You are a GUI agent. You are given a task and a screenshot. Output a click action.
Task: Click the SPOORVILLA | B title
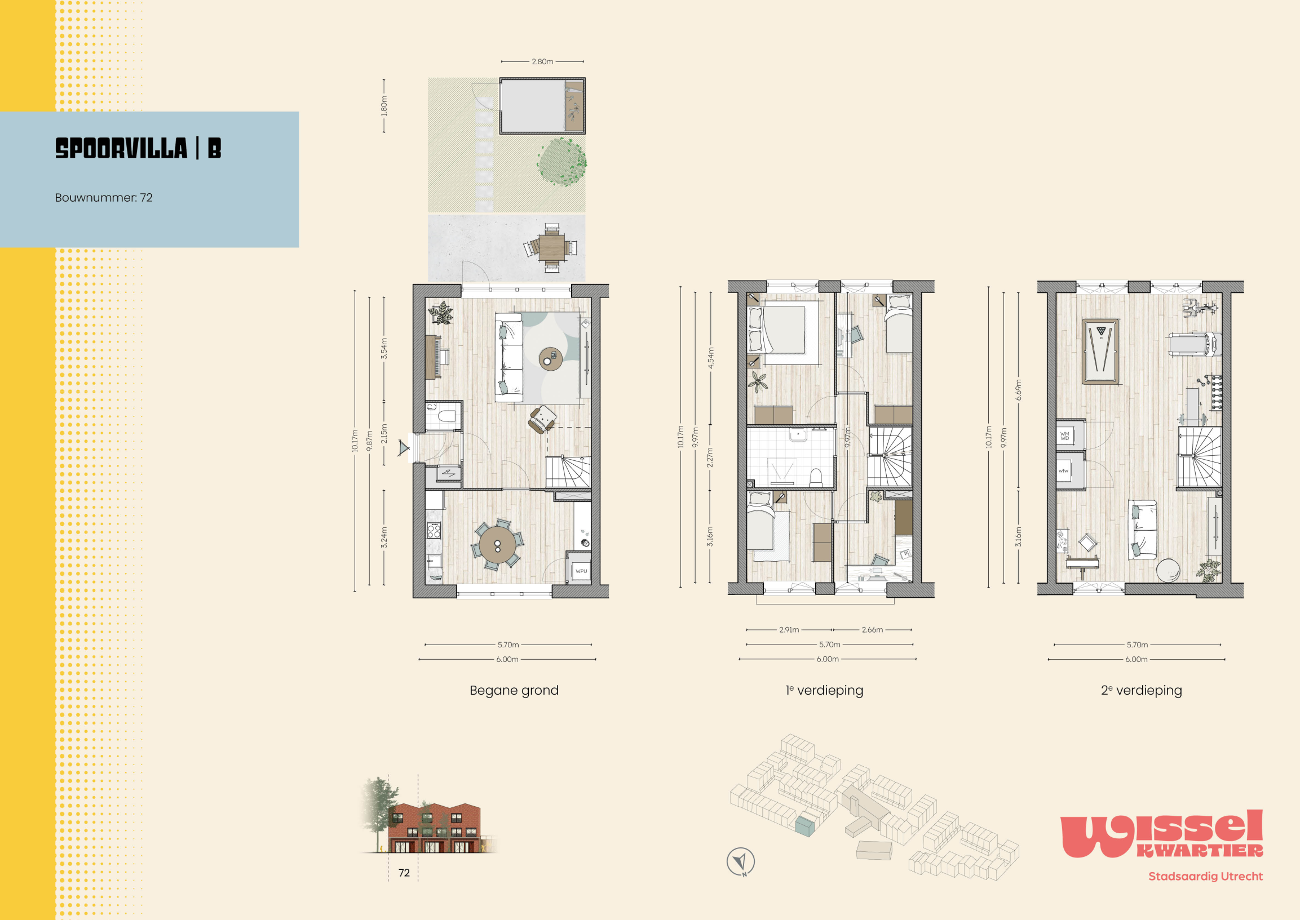point(138,148)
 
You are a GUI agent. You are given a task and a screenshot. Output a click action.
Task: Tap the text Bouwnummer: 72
point(104,198)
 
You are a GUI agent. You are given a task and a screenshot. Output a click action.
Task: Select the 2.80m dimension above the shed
point(542,61)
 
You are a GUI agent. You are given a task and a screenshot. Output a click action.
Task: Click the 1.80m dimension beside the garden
point(384,106)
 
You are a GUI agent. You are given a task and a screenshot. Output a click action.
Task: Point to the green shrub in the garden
point(562,162)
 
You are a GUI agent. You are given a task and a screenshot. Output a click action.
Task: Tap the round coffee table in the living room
point(550,359)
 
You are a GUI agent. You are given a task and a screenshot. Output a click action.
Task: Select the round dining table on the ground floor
point(497,544)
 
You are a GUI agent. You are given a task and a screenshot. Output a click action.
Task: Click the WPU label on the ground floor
point(581,571)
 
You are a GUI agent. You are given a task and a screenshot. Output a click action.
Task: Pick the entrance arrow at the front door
point(403,448)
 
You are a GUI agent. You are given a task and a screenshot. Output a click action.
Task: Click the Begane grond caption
point(514,690)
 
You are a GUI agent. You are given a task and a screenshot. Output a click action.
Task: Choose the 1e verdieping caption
point(824,690)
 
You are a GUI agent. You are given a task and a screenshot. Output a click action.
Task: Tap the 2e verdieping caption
point(1141,690)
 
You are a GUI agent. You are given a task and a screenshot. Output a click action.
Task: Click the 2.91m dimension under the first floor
point(789,629)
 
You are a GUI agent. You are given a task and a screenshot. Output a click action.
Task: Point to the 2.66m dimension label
point(873,629)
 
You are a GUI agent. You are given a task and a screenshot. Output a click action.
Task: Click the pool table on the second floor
point(1100,351)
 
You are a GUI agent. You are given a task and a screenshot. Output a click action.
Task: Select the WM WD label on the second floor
point(1065,436)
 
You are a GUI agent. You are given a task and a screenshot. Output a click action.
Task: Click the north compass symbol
point(740,861)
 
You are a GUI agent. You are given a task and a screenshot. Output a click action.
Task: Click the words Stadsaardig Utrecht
point(1206,877)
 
